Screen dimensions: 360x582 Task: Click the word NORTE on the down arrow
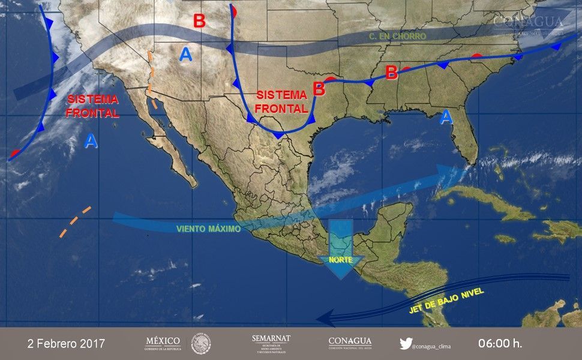(x=340, y=260)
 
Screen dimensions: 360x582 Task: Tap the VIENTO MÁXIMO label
(x=209, y=229)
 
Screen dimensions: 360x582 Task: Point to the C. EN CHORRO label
(x=397, y=37)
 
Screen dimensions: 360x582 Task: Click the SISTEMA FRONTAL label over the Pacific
(x=93, y=106)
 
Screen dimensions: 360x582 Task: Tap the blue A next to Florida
(x=445, y=117)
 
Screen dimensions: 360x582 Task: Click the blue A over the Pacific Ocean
(x=90, y=141)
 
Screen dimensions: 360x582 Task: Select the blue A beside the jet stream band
(x=186, y=55)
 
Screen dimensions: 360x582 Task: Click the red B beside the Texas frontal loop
(x=319, y=89)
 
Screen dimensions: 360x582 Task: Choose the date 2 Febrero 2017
(x=66, y=344)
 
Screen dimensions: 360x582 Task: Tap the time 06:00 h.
(x=500, y=344)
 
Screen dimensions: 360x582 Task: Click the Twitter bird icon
(x=406, y=344)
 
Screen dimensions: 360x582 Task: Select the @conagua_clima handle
(x=433, y=345)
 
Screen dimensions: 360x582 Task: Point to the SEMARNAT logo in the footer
(x=271, y=343)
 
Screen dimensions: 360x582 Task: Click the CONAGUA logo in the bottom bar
(x=350, y=343)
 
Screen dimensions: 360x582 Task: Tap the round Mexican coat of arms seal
(x=201, y=344)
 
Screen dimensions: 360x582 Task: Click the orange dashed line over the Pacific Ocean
(x=75, y=222)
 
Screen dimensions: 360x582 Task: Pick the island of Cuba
(x=492, y=201)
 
